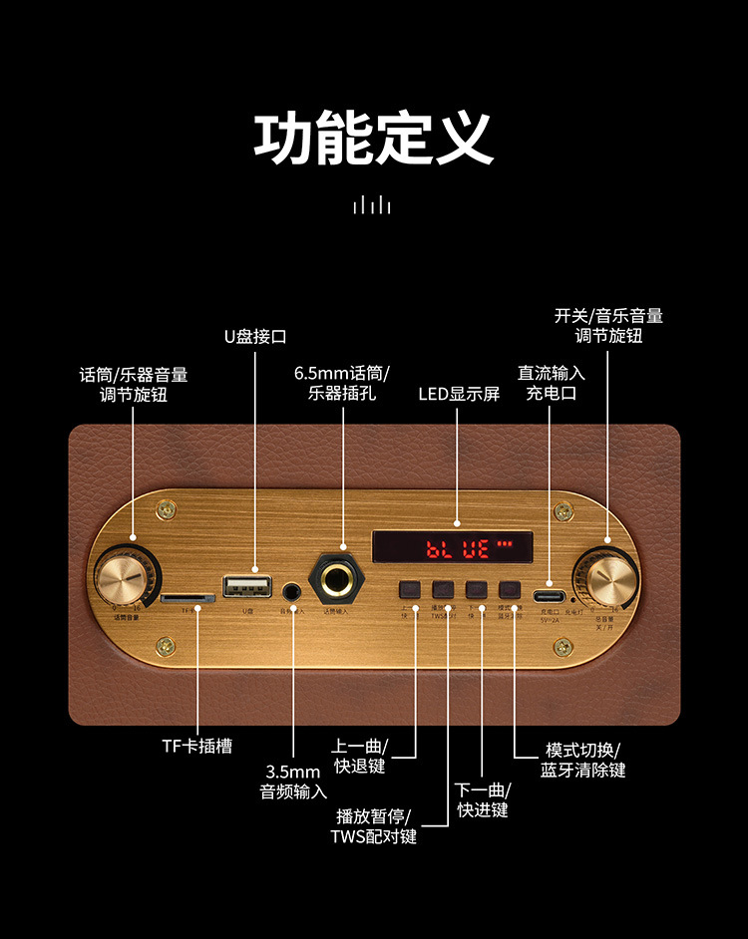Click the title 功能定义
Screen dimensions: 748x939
374,140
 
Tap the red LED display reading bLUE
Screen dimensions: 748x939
453,547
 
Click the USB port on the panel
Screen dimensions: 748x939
248,585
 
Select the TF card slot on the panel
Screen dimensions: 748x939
187,600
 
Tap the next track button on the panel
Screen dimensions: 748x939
477,589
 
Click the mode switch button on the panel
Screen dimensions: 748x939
511,589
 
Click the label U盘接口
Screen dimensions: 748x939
255,337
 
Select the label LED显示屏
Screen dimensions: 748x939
459,394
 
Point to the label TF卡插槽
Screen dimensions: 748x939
196,746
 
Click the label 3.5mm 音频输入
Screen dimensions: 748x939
293,782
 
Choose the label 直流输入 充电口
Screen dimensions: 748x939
552,383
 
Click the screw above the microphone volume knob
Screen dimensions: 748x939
165,510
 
